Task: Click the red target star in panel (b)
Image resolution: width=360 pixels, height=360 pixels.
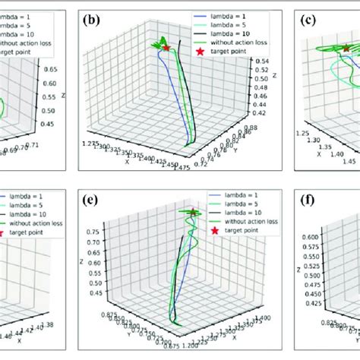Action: [x=166, y=48]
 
